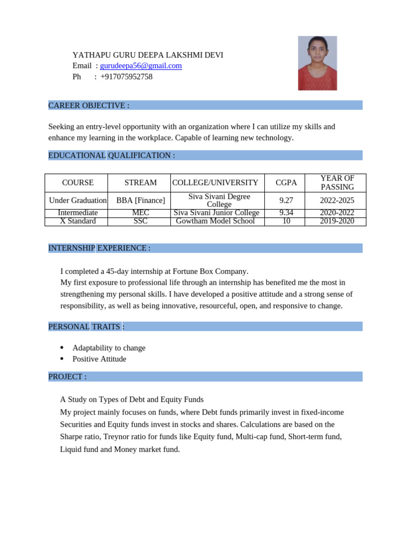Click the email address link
[x=141, y=66]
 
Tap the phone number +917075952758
[x=126, y=77]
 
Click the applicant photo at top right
[x=317, y=63]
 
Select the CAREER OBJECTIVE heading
[x=89, y=106]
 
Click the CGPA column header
[x=286, y=183]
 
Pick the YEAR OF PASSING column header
[x=337, y=183]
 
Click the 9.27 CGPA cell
[x=286, y=201]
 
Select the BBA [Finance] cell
[x=140, y=201]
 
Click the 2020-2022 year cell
[x=337, y=213]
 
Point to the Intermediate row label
[x=78, y=213]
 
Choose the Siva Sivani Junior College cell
[x=217, y=213]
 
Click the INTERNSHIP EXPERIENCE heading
[x=99, y=248]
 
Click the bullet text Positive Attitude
[x=100, y=359]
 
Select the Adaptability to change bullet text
[x=109, y=348]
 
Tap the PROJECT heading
[x=67, y=377]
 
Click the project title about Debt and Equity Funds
[x=132, y=400]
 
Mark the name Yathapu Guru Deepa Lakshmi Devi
[x=148, y=55]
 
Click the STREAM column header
[x=140, y=183]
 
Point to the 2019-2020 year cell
[x=337, y=221]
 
